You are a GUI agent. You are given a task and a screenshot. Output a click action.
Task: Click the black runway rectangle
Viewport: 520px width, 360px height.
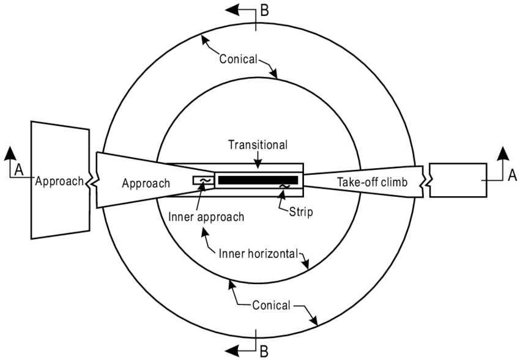coord(258,180)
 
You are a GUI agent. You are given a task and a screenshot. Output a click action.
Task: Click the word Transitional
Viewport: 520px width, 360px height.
coord(258,146)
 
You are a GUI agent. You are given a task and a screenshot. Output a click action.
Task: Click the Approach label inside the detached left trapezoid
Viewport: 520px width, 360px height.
coord(58,181)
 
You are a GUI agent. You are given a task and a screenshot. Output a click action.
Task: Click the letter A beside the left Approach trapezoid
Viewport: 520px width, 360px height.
coord(18,171)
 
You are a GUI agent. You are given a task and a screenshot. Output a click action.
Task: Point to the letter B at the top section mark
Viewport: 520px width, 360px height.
coord(264,10)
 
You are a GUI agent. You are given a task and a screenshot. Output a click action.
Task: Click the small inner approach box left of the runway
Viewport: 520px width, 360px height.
coord(202,180)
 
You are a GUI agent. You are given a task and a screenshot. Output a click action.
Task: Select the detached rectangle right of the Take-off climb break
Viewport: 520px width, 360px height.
coord(458,180)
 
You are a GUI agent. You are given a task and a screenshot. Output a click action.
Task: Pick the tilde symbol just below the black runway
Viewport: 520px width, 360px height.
coord(284,186)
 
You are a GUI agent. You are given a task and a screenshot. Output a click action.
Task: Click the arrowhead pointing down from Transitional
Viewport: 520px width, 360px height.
coord(258,165)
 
